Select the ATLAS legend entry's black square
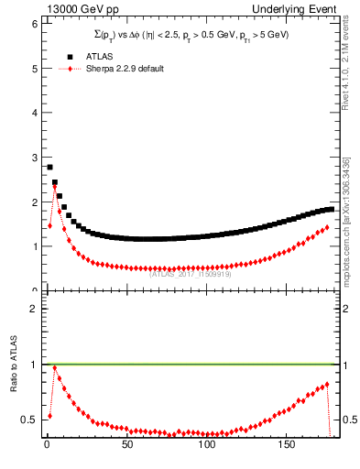click(69, 56)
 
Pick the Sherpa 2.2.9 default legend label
click(126, 69)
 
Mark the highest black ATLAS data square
click(49, 167)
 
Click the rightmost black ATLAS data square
click(331, 209)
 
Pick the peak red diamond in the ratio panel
click(54, 368)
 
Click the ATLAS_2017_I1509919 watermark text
click(191, 273)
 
